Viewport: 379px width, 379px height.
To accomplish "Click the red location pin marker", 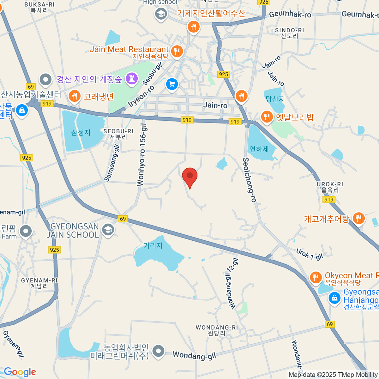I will (190, 176).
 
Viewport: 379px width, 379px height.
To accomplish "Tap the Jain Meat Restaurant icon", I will (177, 51).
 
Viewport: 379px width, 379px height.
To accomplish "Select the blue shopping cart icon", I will (172, 84).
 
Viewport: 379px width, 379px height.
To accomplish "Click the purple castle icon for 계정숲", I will (132, 79).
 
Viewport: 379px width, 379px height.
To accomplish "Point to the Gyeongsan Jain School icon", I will (108, 230).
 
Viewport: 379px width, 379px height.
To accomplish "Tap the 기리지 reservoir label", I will (153, 245).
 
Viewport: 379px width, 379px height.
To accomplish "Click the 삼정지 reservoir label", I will (81, 132).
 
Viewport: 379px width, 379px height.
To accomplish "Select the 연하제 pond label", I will (259, 149).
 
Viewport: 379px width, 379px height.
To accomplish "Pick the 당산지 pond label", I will (275, 99).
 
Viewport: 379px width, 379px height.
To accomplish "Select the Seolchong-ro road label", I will (250, 180).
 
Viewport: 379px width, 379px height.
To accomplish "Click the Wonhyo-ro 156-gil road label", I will (142, 154).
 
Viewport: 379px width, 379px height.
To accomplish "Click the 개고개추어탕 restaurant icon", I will (358, 218).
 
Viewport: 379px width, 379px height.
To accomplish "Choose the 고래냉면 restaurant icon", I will (74, 96).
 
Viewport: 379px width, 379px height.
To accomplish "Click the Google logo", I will (20, 372).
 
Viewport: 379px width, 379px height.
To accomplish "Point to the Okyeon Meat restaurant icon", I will (316, 278).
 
